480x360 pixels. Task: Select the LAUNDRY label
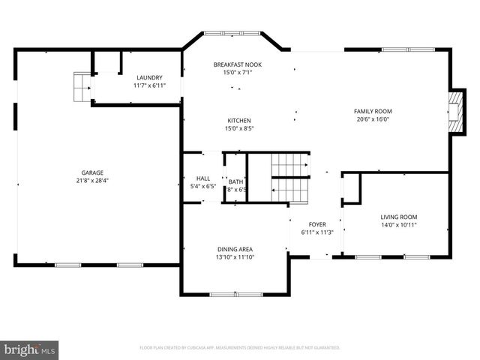(148, 78)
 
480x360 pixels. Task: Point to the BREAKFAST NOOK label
(238, 64)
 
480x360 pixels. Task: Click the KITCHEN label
(239, 121)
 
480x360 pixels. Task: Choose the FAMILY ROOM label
(373, 111)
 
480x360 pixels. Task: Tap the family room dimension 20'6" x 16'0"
(373, 119)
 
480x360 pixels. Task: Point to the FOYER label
(318, 224)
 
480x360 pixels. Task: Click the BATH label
(235, 181)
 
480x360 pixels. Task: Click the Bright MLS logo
(30, 349)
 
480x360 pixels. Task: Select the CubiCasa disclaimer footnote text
(240, 348)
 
